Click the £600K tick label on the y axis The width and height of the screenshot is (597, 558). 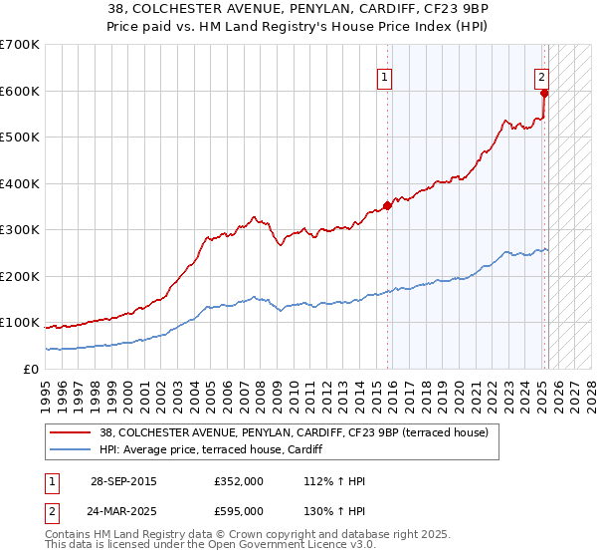tap(20, 91)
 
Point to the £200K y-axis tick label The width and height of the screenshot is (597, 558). tap(20, 276)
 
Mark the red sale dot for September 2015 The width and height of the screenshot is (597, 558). tap(387, 206)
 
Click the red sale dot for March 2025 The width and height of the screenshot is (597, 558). tap(544, 94)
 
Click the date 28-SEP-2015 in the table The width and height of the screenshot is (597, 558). tap(123, 482)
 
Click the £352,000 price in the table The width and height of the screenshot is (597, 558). tap(239, 482)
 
